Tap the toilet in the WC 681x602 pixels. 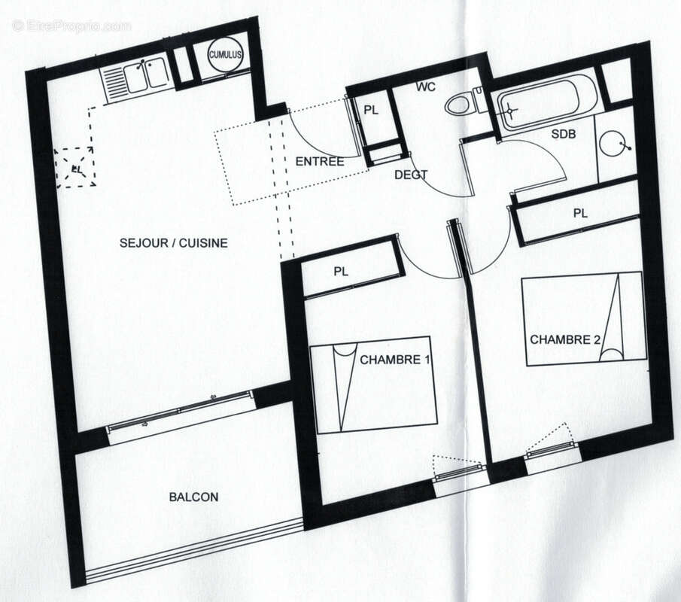pos(465,103)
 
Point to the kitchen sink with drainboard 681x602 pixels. pos(135,78)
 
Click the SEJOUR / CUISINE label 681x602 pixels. pos(173,243)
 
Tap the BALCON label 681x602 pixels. pos(193,497)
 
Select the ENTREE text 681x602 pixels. pos(319,161)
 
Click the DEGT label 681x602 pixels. pos(411,175)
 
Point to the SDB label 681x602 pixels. pos(563,134)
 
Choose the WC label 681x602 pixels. pos(426,87)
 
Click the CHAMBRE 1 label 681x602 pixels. pos(395,360)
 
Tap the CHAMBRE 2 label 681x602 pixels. pos(565,339)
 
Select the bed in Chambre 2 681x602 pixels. pos(583,319)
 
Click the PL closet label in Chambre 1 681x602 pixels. pos(342,272)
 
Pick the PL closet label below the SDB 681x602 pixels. pos(579,213)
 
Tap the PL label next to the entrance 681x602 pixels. pos(371,110)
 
